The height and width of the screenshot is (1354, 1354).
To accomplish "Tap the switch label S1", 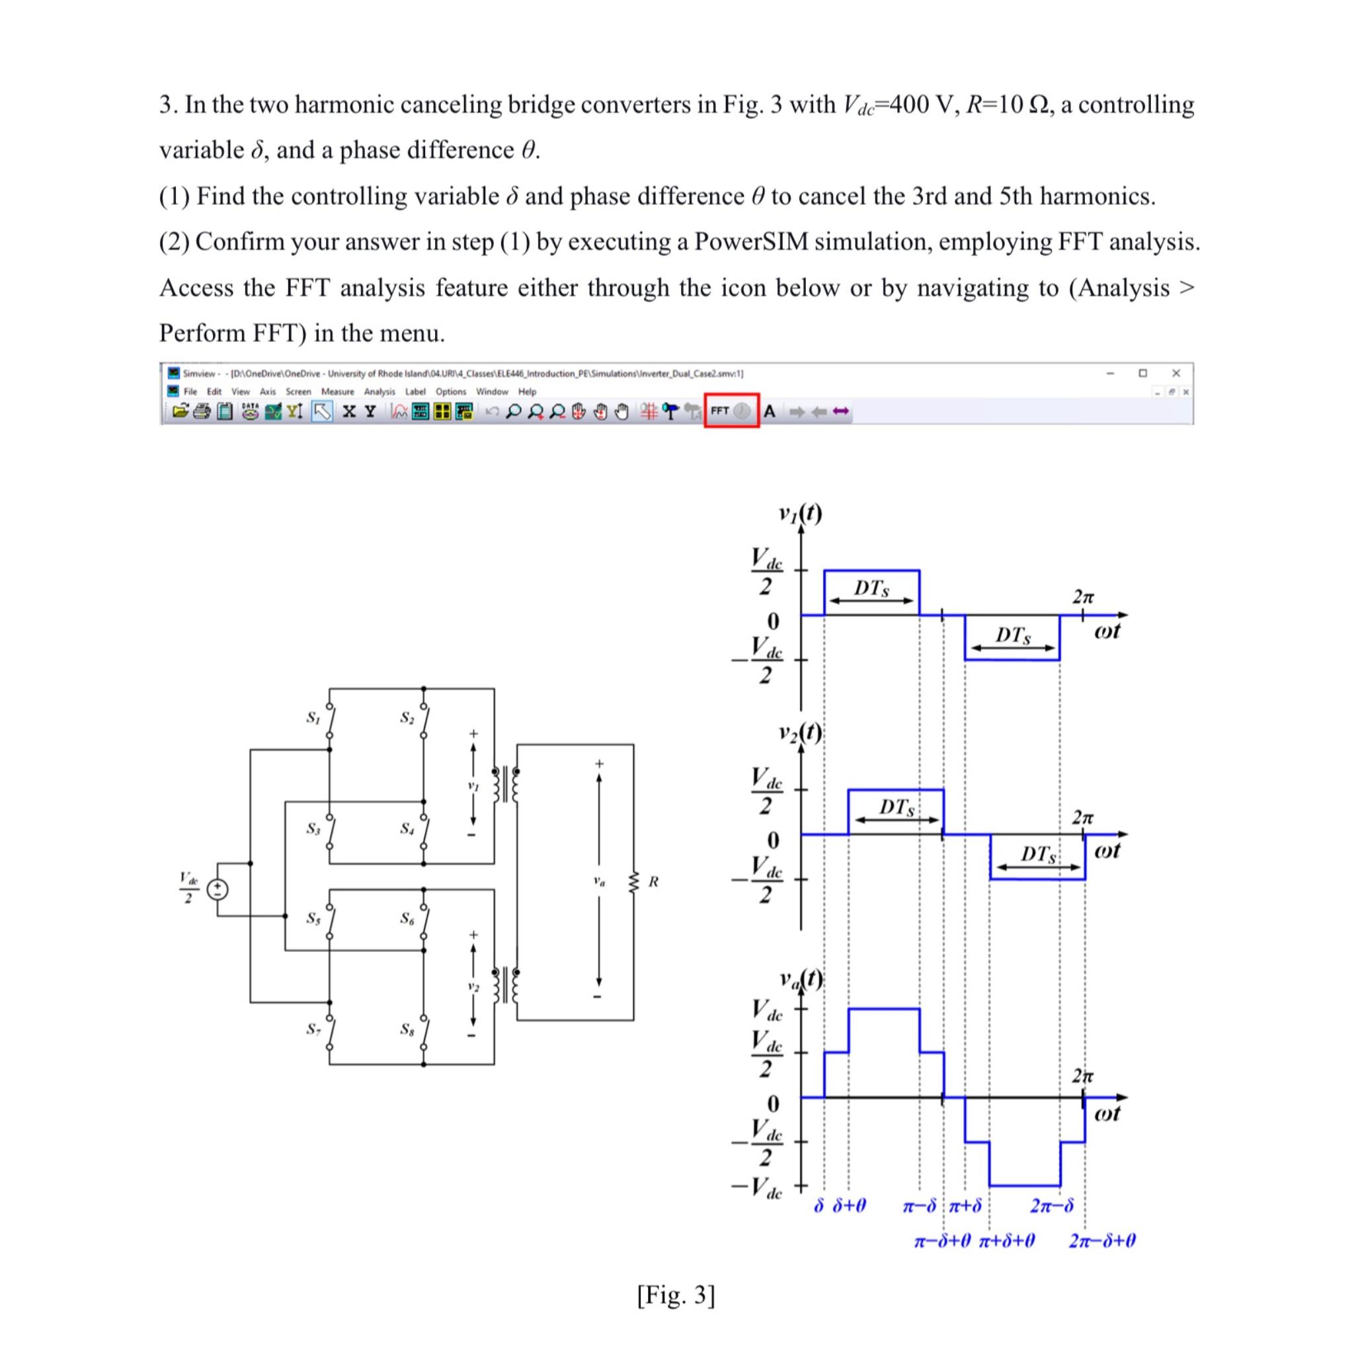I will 313,717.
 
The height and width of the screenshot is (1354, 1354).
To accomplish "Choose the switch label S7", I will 313,1029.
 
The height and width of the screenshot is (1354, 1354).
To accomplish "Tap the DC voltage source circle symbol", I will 218,889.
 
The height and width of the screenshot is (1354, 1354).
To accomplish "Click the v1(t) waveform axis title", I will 800,513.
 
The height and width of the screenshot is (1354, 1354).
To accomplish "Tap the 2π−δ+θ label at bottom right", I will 1102,1240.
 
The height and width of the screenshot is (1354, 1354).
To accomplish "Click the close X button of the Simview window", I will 1176,373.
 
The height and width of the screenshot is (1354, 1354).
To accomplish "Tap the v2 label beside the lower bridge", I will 474,988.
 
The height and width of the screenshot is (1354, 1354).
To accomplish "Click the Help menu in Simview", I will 527,392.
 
